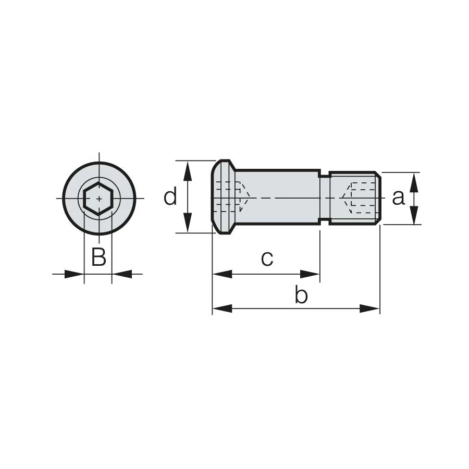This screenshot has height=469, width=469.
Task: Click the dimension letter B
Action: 98,256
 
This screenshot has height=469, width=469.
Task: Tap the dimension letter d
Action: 170,196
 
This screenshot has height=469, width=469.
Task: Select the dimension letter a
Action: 398,198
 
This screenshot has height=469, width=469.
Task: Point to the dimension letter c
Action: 267,259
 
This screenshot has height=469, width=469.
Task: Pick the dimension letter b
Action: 301,294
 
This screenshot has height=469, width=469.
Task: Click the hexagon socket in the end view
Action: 99,199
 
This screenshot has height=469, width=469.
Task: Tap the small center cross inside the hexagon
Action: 99,199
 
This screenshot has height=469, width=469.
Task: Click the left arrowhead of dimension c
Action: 222,274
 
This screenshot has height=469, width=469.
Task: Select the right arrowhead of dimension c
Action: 310,274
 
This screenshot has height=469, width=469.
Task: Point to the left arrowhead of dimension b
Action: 222,308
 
